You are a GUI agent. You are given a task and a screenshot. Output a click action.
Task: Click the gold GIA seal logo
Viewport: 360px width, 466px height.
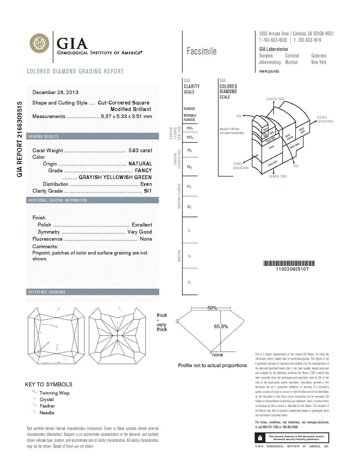coord(40,43)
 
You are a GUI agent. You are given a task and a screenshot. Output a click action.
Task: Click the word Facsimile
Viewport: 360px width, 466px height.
coord(202,51)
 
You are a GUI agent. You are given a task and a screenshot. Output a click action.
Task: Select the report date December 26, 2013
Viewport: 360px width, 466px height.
coord(56,92)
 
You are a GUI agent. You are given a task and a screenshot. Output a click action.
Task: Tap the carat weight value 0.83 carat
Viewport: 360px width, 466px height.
coord(140,151)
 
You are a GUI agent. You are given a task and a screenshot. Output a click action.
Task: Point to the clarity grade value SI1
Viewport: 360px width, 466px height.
coord(148,191)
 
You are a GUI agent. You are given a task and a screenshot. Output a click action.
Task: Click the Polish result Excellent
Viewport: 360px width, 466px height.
coord(142,225)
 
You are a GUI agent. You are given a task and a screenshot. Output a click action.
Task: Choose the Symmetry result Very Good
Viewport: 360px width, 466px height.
coord(140,232)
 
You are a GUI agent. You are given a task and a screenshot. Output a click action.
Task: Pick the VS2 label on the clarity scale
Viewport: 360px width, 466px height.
coord(189,167)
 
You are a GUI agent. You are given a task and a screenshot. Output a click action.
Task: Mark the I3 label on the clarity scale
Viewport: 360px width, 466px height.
coord(189,282)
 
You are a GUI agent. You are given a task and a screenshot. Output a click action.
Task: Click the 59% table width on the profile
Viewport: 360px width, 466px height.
coord(212,308)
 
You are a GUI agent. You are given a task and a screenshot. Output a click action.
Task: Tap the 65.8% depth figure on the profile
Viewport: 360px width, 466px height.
coord(221,326)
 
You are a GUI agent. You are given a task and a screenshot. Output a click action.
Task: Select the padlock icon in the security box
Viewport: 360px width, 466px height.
coord(260,438)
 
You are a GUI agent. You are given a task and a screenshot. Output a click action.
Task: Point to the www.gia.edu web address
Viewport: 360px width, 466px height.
coord(269,71)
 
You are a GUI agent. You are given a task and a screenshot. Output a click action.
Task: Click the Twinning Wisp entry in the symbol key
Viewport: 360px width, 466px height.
coord(54,393)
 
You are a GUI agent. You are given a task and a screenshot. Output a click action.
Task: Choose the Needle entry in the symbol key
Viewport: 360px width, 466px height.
coord(47,413)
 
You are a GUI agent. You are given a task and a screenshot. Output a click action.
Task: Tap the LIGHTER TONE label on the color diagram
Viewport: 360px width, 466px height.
coord(275,99)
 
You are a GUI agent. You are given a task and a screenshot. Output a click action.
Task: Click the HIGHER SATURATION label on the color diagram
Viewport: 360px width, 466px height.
coord(325,119)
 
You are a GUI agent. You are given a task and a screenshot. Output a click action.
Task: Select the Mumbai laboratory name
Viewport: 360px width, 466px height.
coord(291,62)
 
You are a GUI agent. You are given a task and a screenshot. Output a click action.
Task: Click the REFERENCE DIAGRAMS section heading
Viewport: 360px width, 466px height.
coord(47,292)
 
